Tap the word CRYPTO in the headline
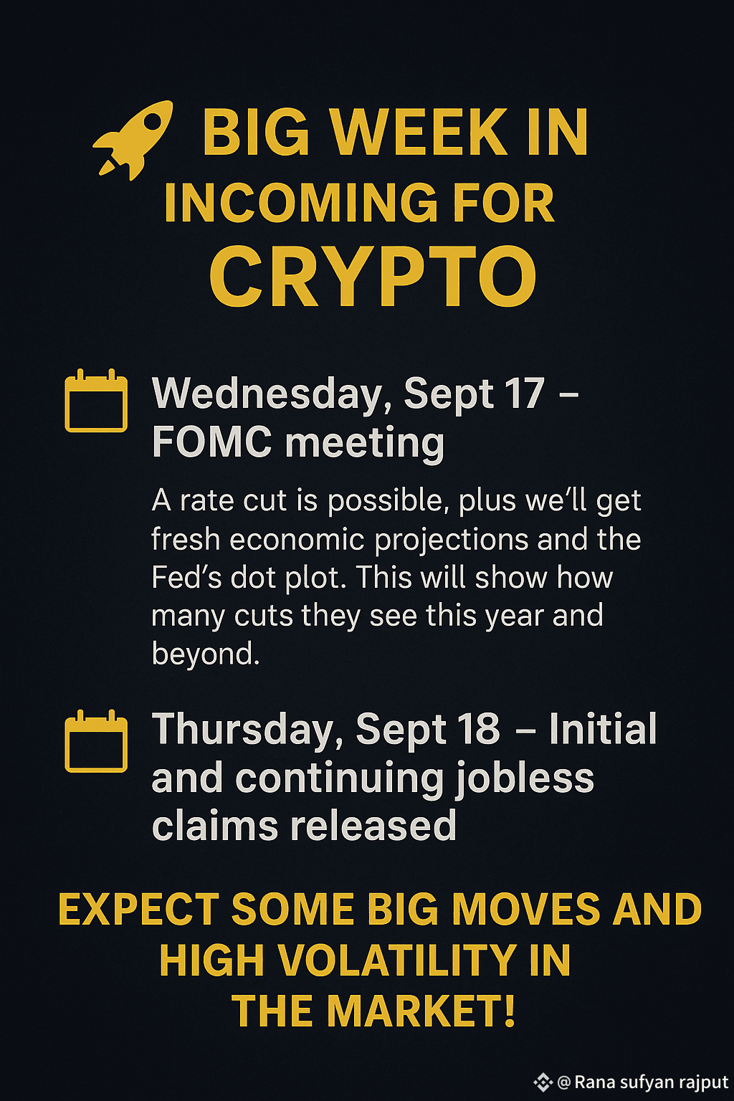pos(373,277)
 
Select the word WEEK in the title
pos(418,132)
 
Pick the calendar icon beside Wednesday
pos(96,401)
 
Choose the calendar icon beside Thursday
pos(96,741)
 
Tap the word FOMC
pos(212,442)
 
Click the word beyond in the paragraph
pos(206,654)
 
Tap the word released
pos(373,826)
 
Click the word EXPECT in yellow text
pos(138,910)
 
